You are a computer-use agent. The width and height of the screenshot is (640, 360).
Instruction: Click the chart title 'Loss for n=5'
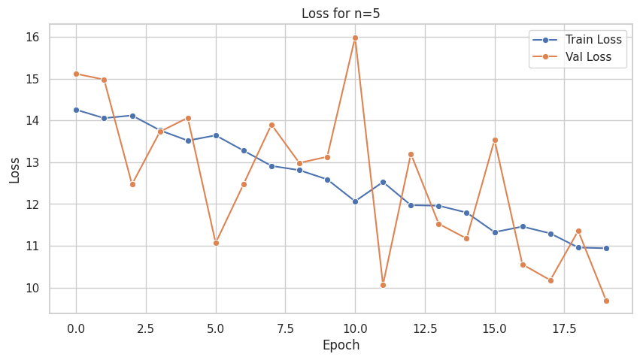341,14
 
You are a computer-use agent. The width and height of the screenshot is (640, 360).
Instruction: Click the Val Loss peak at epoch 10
355,38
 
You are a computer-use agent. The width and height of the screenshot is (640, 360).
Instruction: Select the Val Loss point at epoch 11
383,285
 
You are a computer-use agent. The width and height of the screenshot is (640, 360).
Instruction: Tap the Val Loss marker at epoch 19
606,301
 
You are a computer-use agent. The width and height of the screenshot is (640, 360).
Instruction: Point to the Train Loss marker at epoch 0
76,110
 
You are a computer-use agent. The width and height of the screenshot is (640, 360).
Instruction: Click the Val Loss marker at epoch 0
76,74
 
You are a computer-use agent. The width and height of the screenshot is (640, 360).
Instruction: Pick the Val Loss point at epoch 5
216,243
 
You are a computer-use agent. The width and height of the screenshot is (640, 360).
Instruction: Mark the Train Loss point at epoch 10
355,201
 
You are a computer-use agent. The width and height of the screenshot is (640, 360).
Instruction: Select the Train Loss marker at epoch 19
606,248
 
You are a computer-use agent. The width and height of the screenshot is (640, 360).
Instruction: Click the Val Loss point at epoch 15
495,140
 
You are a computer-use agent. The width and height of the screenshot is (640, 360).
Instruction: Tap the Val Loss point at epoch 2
132,184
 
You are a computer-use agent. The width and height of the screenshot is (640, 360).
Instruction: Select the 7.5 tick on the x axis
285,328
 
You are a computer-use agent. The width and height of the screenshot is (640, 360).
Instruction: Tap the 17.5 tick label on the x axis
564,328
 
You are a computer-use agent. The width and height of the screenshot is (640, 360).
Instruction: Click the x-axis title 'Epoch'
341,345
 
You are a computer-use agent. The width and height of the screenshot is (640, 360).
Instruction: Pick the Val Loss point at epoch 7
271,125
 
